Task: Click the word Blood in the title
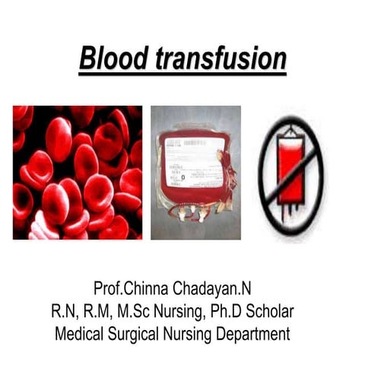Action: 113,58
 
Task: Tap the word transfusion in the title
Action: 221,58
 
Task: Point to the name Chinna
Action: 146,288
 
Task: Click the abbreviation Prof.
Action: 109,288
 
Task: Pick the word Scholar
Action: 270,311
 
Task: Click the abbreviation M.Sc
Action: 133,311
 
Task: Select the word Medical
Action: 79,334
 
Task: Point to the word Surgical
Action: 133,334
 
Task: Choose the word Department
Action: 253,334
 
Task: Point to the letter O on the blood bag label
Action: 183,177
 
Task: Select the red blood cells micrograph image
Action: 78,173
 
